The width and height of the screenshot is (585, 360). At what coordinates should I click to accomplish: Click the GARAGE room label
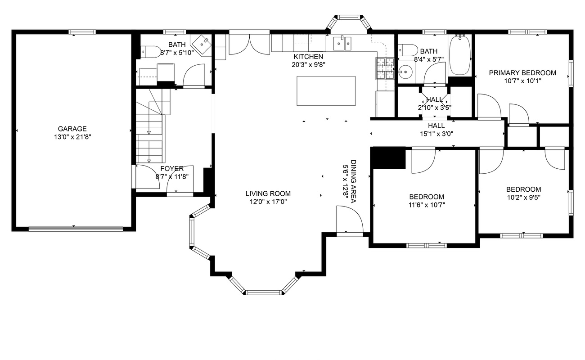click(x=72, y=129)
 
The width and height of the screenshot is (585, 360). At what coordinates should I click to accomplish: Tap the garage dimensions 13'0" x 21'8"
click(x=72, y=137)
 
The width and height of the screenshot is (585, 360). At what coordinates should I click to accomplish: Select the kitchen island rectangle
click(x=326, y=91)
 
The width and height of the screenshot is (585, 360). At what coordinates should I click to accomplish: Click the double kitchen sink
click(x=342, y=43)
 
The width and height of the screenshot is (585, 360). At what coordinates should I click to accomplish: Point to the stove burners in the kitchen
click(x=385, y=68)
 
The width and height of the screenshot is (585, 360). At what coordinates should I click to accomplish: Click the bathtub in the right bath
click(x=460, y=55)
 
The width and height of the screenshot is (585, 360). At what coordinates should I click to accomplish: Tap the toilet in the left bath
click(x=150, y=52)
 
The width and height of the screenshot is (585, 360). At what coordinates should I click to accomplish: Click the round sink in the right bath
click(x=405, y=71)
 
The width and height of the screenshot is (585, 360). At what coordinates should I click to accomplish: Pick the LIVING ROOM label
click(x=268, y=193)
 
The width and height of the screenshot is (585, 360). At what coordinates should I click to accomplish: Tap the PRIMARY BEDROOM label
click(x=522, y=73)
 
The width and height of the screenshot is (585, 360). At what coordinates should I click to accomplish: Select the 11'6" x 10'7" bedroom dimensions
click(x=427, y=205)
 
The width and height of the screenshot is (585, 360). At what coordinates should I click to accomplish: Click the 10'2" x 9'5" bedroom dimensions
click(x=524, y=197)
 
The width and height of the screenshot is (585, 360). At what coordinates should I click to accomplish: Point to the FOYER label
click(x=172, y=168)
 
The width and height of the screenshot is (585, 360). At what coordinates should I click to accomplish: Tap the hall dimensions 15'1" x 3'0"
click(x=436, y=134)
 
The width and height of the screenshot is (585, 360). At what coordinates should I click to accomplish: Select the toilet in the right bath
click(x=408, y=50)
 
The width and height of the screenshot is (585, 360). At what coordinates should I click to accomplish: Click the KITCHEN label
click(x=308, y=56)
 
